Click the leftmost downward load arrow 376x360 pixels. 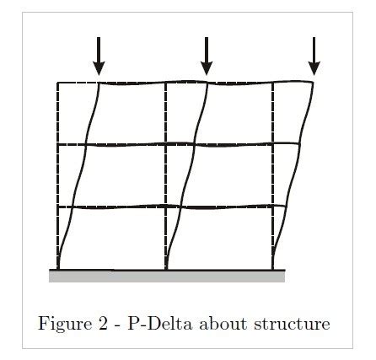[99, 56]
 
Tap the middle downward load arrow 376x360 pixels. [207, 56]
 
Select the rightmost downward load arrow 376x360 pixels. [314, 56]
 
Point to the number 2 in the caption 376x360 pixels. [103, 324]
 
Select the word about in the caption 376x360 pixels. [223, 324]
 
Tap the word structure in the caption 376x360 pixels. [292, 325]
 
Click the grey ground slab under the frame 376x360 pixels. [167, 276]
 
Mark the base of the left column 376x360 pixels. [58, 269]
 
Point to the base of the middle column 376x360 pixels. [166, 269]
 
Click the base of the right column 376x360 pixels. [273, 269]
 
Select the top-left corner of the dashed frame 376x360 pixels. [58, 83]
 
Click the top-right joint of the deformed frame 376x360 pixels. [313, 82]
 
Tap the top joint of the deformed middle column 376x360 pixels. [207, 83]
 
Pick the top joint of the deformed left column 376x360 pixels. [99, 83]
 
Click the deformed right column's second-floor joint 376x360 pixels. [299, 144]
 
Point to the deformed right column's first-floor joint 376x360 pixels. [286, 207]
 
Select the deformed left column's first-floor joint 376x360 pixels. [73, 207]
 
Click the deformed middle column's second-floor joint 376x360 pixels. [194, 144]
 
